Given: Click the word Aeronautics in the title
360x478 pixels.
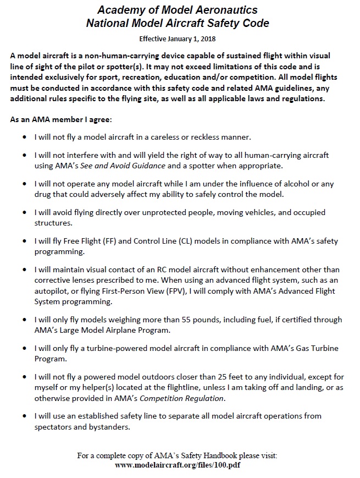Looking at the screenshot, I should pos(216,10).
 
